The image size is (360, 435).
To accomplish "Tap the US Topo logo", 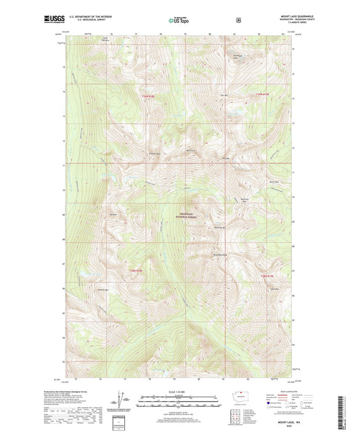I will [180, 20].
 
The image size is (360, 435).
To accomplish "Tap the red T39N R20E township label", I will [261, 94].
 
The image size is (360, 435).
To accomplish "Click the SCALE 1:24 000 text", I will [179, 392].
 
